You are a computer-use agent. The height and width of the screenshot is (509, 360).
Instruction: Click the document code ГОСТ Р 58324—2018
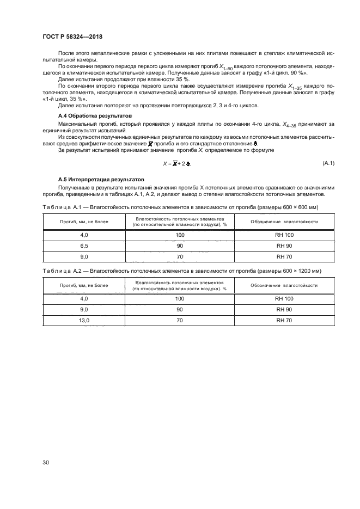coord(72,37)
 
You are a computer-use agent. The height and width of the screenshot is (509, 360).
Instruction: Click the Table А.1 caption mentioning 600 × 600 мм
coord(180,207)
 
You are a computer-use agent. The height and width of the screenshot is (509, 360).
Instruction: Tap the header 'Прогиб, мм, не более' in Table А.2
coord(84,285)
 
